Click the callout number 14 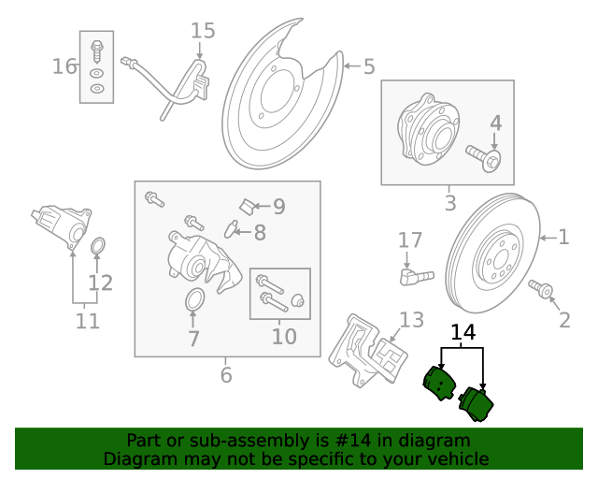coord(463,332)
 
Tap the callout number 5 coord(369,66)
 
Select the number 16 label coord(64,66)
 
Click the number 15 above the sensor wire coord(203,31)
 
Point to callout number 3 coord(449,202)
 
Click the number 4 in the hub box coord(495,123)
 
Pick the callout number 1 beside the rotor coord(563,237)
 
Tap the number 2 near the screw coord(564,321)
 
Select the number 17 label coord(410,240)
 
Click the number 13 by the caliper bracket coord(411,320)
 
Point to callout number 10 coord(283,335)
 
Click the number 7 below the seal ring coord(193,339)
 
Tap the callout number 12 coord(100,283)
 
